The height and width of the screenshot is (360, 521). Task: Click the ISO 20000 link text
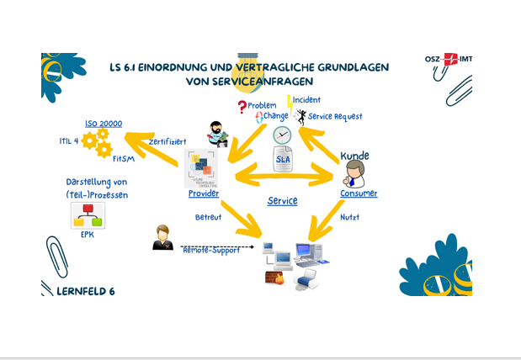(x=103, y=124)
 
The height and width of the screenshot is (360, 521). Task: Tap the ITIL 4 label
(x=70, y=140)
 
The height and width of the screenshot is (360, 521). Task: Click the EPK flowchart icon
(x=88, y=215)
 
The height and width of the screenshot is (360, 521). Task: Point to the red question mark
(x=242, y=107)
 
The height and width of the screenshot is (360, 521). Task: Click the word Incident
(x=306, y=100)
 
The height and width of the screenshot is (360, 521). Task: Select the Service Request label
(x=335, y=117)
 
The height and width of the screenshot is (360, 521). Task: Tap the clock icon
(x=281, y=135)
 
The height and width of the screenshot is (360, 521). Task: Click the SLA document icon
(x=284, y=160)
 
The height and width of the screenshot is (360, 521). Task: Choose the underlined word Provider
(x=204, y=193)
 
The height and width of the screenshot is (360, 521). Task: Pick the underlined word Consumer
(x=359, y=193)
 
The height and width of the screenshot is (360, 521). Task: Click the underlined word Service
(x=282, y=201)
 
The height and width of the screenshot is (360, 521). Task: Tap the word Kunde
(x=354, y=156)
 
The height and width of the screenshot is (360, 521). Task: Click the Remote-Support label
(x=211, y=250)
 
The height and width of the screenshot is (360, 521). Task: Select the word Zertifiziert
(x=167, y=141)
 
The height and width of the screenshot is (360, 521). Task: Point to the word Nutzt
(x=349, y=217)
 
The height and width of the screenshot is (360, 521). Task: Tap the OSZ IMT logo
(x=448, y=60)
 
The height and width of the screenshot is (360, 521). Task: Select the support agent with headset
(x=162, y=238)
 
